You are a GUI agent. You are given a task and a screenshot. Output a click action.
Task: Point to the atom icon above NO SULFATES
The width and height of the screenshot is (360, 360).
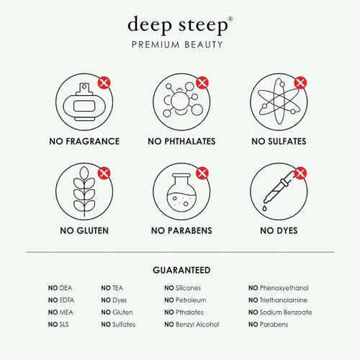coord(276,102)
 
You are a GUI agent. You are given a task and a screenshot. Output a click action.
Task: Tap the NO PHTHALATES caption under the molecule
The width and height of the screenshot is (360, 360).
coord(181,141)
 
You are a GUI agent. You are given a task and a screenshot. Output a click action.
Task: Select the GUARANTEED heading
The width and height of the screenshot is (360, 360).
coord(181,270)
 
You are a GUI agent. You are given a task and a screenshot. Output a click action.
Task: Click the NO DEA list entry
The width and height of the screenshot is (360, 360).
coord(60,288)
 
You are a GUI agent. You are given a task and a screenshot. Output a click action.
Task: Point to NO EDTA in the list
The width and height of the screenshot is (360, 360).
coord(62,300)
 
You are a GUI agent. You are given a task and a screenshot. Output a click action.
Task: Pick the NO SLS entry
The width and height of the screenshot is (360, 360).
coord(60,325)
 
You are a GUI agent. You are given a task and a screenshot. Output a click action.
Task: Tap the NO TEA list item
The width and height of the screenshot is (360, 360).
coord(112,288)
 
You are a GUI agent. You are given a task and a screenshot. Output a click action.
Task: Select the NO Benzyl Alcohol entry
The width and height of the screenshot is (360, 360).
coord(192,325)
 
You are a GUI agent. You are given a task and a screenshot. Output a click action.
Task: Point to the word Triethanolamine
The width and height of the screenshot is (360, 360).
coord(285,300)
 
